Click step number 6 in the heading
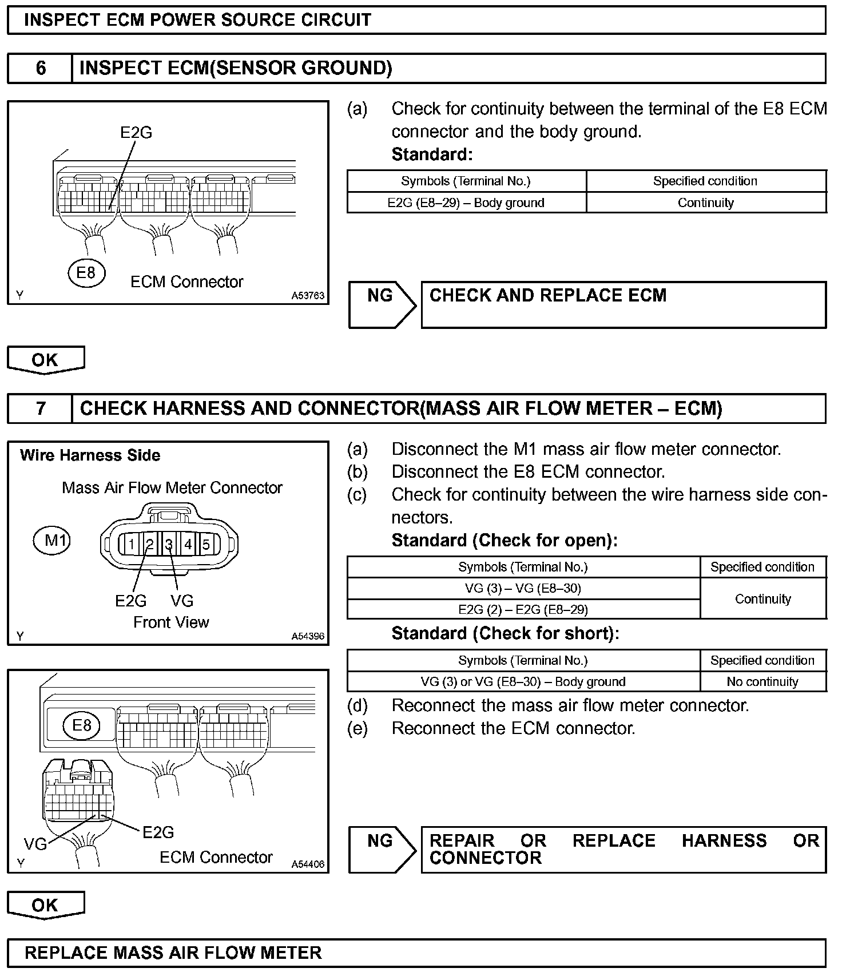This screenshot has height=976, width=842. click(x=41, y=68)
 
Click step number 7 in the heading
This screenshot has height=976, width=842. click(x=41, y=408)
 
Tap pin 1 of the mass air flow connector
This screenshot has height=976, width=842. click(x=131, y=544)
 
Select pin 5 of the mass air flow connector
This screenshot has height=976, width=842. click(x=206, y=544)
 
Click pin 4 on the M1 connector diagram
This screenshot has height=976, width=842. click(x=188, y=544)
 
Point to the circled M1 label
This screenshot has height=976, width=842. click(x=52, y=540)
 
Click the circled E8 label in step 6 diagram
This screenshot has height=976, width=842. click(x=86, y=272)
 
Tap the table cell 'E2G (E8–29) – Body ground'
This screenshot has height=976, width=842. click(x=466, y=203)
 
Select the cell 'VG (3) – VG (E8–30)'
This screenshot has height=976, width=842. click(x=523, y=588)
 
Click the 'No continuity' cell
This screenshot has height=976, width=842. click(x=762, y=681)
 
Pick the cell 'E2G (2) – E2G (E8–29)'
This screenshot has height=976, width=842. click(x=523, y=609)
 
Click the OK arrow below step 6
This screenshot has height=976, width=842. click(x=45, y=360)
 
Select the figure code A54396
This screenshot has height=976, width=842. click(x=308, y=636)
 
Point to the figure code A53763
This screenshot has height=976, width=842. click(x=308, y=295)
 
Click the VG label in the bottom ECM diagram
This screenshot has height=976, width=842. click(x=35, y=844)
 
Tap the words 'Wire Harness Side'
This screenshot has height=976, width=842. click(x=90, y=455)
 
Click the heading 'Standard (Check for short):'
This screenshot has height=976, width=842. click(x=505, y=633)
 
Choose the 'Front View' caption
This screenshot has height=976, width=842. click(x=171, y=622)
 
